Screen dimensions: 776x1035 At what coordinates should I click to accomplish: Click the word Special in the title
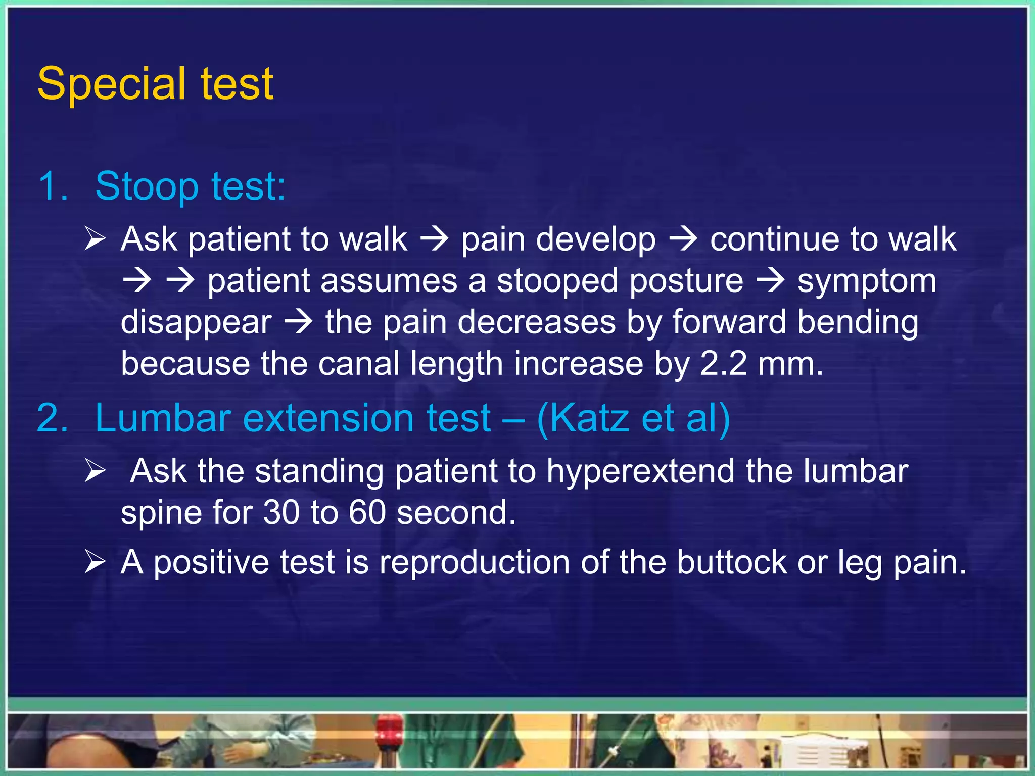click(x=112, y=84)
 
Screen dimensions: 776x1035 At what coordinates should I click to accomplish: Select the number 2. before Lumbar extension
click(x=53, y=418)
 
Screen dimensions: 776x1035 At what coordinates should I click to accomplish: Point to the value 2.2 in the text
click(x=723, y=364)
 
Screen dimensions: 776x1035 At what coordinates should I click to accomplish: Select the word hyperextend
click(x=640, y=471)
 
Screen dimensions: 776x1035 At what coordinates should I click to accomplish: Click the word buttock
click(x=731, y=562)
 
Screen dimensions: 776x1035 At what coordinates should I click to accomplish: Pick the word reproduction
click(x=475, y=562)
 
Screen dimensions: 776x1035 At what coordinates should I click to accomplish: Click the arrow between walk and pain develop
click(x=434, y=239)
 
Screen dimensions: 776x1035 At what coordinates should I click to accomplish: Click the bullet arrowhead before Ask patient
click(x=95, y=239)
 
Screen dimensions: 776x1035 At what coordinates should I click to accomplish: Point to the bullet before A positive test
click(x=95, y=562)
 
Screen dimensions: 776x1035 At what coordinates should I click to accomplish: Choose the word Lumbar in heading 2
click(x=163, y=418)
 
